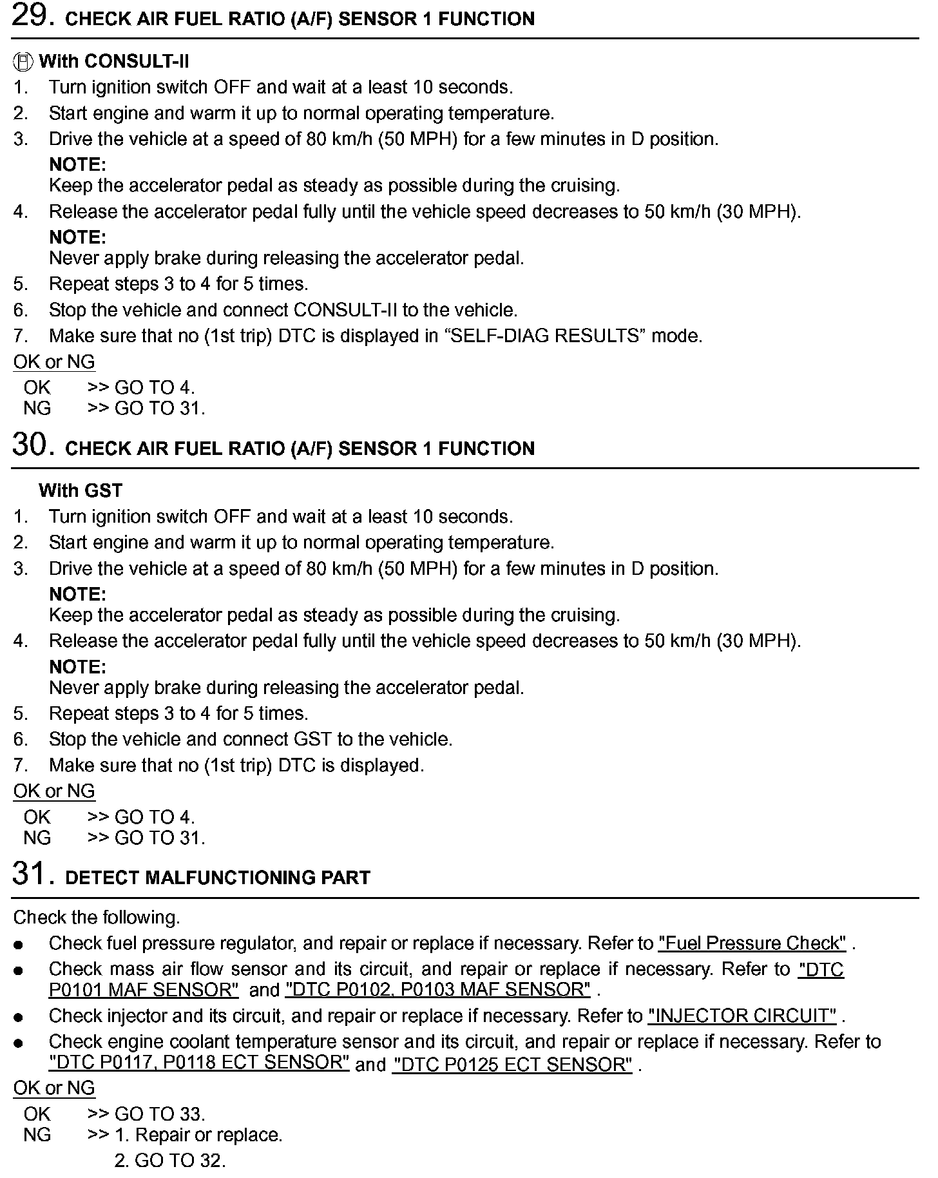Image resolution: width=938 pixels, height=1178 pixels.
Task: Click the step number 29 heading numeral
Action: pos(29,16)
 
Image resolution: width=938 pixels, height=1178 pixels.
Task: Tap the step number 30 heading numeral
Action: pos(29,445)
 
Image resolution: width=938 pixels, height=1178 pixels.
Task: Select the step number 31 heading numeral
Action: pos(29,874)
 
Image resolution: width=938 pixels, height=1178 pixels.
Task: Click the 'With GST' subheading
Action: pos(81,490)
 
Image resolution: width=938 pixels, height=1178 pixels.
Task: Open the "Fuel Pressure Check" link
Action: pos(752,943)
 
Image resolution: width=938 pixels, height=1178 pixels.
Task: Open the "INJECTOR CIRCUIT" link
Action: pos(742,1016)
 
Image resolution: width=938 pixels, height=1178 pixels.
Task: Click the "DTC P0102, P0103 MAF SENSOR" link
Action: pos(438,990)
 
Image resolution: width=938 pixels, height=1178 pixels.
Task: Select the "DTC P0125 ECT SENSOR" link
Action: pos(513,1065)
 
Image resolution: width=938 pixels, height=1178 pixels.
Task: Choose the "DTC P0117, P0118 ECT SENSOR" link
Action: pos(199,1062)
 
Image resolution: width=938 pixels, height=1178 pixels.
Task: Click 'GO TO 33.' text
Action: pos(160,1114)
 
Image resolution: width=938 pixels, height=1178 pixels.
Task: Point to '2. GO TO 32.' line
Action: pos(170,1161)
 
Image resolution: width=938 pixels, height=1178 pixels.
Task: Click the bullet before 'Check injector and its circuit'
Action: pos(19,1018)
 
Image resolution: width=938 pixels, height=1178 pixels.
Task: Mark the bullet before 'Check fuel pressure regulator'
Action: pos(19,945)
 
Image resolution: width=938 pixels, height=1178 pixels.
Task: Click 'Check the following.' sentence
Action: pos(97,918)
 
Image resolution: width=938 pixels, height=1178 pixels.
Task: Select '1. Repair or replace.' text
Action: pos(198,1135)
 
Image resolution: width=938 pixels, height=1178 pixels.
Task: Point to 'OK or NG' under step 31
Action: pos(54,1088)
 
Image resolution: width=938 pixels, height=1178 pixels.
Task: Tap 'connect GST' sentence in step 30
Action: pos(251,739)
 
